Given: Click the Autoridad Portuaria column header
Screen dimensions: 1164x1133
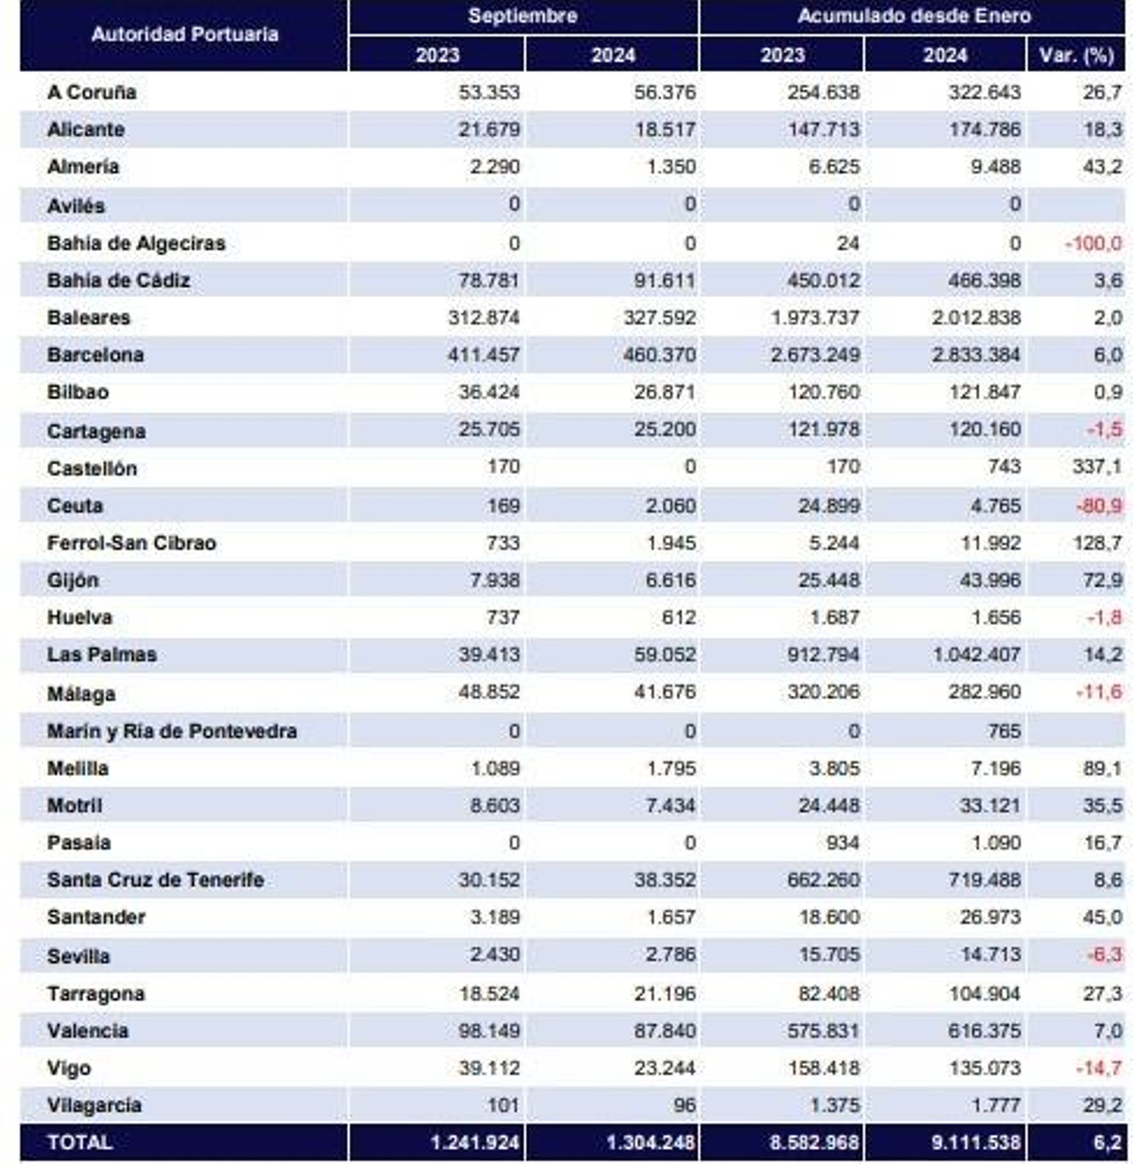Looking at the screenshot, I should (x=184, y=35).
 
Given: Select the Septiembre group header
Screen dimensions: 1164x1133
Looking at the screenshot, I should (x=523, y=16).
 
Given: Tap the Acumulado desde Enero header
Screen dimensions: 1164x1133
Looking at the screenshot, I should (x=913, y=16).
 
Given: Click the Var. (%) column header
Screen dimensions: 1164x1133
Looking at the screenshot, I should (x=1076, y=55).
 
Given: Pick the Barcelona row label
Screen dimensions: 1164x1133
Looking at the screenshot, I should (x=96, y=355).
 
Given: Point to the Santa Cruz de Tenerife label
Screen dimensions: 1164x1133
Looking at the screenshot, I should (x=155, y=880).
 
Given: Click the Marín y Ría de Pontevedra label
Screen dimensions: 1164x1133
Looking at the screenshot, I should (x=172, y=731).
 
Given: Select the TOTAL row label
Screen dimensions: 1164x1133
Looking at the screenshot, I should (x=79, y=1143).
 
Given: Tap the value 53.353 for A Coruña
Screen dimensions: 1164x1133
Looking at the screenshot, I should (x=489, y=92).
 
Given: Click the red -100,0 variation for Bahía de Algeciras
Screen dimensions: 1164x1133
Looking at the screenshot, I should (x=1093, y=244).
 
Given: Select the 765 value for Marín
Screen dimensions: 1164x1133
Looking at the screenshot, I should (x=1004, y=731).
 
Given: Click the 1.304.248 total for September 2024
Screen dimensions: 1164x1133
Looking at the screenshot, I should (x=650, y=1143).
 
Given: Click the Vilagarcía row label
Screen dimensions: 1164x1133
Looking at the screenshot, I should (x=94, y=1105).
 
